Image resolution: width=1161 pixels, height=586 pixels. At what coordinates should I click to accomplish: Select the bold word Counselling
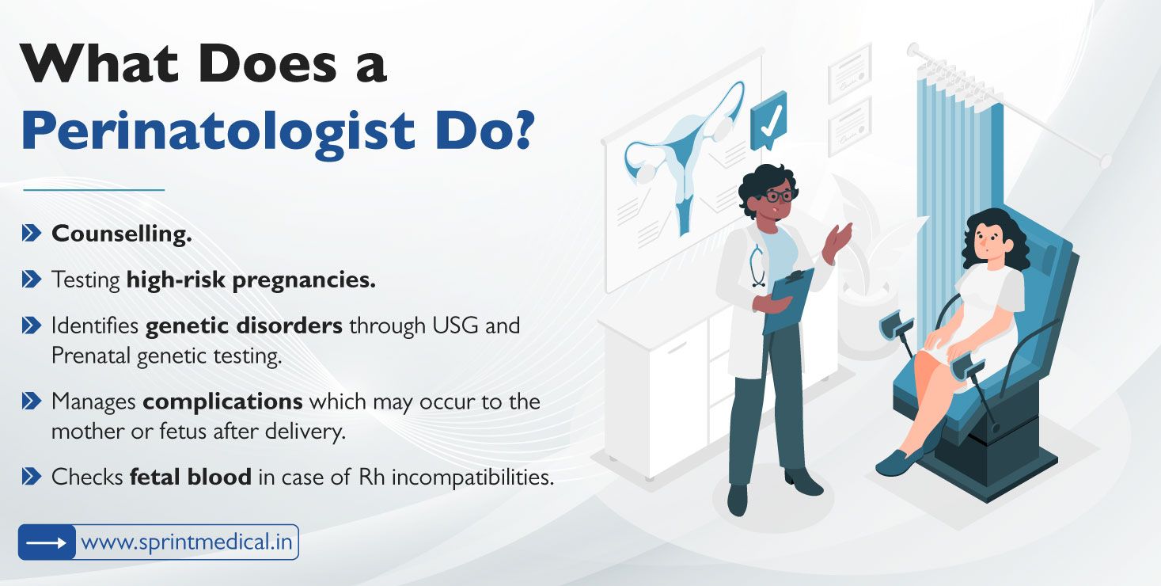(x=122, y=234)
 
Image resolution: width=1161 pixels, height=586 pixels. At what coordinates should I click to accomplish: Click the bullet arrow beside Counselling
(x=32, y=234)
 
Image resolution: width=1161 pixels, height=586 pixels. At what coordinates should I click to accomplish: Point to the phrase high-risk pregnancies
(x=251, y=280)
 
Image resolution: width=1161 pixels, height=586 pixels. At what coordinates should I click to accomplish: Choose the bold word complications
(x=222, y=401)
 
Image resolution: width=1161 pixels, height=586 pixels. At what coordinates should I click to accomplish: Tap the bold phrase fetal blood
(x=190, y=477)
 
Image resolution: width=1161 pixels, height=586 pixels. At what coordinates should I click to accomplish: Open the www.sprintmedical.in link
(x=187, y=542)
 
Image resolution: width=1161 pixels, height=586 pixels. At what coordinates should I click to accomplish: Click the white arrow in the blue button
(x=47, y=542)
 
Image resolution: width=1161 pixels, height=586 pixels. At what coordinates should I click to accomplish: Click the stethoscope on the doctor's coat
(x=758, y=265)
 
